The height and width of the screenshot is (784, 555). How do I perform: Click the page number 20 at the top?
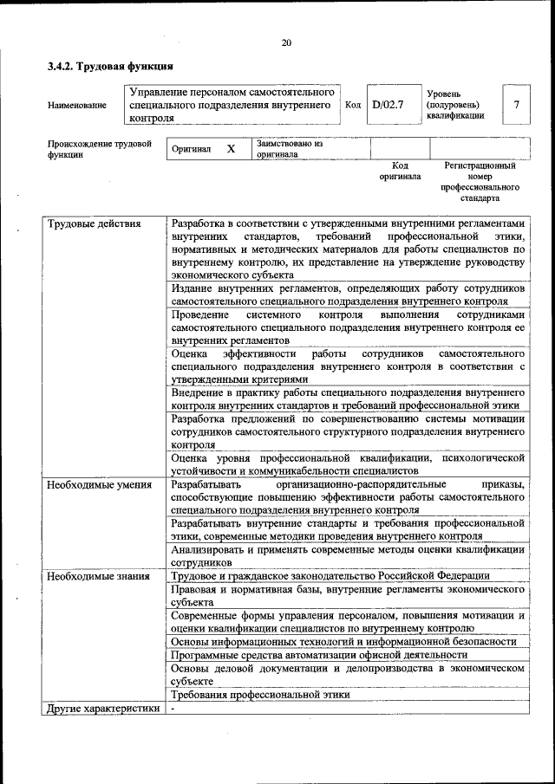click(286, 44)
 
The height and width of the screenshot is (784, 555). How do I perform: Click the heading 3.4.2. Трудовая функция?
click(110, 66)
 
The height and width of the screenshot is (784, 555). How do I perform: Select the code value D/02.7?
click(388, 105)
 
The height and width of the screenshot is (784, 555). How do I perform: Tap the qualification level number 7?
click(516, 105)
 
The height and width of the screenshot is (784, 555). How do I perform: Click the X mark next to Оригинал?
click(232, 149)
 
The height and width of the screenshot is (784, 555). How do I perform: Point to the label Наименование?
click(78, 106)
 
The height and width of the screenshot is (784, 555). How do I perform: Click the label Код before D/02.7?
click(353, 105)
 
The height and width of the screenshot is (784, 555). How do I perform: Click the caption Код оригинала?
click(400, 171)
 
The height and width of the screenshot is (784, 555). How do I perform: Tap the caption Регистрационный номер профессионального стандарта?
click(480, 181)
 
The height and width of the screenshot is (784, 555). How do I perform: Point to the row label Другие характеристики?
click(103, 709)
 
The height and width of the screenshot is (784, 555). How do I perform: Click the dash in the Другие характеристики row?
click(173, 709)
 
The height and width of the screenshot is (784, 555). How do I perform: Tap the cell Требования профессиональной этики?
click(260, 695)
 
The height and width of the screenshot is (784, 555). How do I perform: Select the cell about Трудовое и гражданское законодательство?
click(330, 575)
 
